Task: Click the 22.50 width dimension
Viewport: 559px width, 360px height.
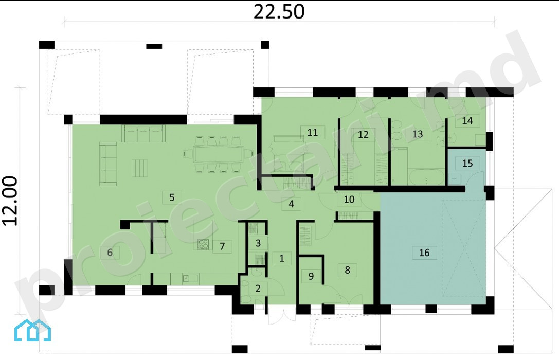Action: coord(279,11)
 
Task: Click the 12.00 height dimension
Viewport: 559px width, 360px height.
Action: coord(10,201)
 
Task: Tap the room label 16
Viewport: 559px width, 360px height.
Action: coord(424,253)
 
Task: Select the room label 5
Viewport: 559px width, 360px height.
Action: coord(172,197)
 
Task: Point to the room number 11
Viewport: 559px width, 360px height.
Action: coord(312,132)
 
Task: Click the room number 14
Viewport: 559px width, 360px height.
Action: coord(467,121)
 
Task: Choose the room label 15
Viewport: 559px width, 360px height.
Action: coord(467,163)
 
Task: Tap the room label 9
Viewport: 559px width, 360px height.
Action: coord(311,276)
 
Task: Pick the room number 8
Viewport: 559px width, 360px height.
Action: coord(347,270)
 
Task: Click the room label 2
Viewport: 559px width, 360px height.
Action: coord(258,288)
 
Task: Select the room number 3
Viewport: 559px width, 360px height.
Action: coord(258,243)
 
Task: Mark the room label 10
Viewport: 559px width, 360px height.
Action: coord(349,199)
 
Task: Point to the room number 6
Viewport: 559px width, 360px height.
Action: coord(110,253)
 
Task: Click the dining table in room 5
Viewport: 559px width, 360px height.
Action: coord(218,154)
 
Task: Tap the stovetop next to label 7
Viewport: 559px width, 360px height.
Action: coord(203,244)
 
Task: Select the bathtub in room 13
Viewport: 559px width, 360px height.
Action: coord(426,177)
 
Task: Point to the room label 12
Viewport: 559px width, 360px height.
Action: coord(363,134)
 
